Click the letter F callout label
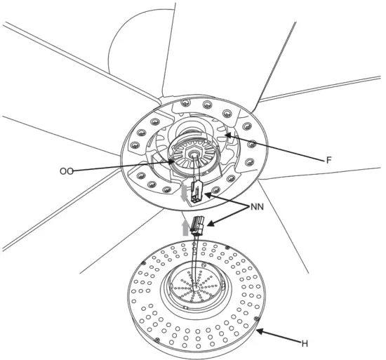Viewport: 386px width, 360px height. point(328,160)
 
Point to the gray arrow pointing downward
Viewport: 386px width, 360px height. point(185,192)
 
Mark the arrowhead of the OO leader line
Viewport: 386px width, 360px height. point(176,160)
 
